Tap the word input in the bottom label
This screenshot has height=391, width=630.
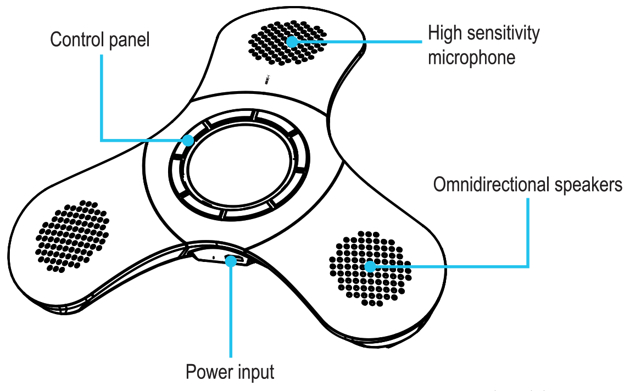[256, 372]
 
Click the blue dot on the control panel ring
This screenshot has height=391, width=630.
[188, 140]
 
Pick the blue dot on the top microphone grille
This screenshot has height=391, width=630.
[292, 40]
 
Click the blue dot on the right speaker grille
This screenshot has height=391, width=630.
[370, 267]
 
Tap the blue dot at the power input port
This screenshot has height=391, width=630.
[231, 261]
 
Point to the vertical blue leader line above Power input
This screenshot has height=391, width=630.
[231, 313]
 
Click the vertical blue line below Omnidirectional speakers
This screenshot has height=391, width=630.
[528, 231]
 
